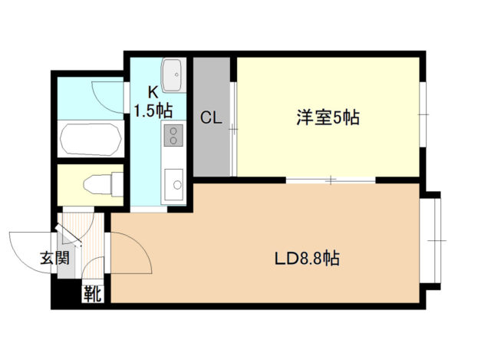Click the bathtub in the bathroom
click(90, 139)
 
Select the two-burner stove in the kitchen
click(173, 137)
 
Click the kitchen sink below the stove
click(175, 183)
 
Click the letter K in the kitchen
click(153, 91)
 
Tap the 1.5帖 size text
click(153, 110)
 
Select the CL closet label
click(212, 118)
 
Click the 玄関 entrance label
click(54, 259)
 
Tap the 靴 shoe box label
click(92, 292)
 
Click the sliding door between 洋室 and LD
click(331, 180)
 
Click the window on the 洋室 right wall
click(422, 115)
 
